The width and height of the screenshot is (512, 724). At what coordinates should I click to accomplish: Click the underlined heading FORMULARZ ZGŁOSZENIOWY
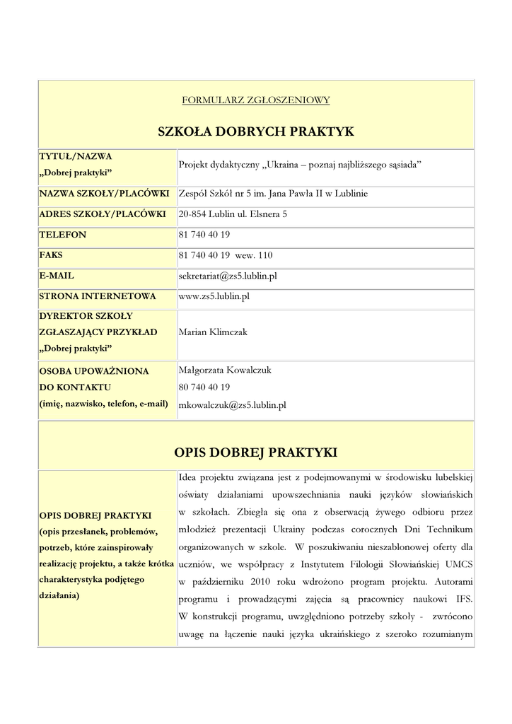click(255, 100)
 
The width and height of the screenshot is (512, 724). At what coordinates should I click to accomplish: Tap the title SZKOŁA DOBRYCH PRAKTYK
click(255, 132)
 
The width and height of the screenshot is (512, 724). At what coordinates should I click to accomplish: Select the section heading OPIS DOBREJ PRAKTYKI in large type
click(255, 452)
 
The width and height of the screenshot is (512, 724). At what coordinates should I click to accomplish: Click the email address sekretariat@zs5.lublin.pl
click(228, 276)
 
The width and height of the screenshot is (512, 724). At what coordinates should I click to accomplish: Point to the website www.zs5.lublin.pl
click(214, 296)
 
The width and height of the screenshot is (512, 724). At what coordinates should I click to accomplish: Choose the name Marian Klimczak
click(213, 332)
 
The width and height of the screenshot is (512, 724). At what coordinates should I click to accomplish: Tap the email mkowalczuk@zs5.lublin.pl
click(233, 405)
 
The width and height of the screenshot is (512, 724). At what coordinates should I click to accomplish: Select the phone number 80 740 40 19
click(204, 387)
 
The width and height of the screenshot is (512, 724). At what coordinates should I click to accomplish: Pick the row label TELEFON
click(63, 234)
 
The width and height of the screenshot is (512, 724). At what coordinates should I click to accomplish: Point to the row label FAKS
click(52, 255)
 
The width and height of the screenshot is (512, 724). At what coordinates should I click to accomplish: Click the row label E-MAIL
click(57, 276)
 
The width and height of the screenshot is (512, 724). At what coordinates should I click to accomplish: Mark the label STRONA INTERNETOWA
click(98, 296)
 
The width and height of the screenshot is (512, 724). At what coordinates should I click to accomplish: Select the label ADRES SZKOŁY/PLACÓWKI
click(103, 214)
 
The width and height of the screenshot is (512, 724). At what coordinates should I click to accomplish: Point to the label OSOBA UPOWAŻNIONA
click(93, 370)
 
